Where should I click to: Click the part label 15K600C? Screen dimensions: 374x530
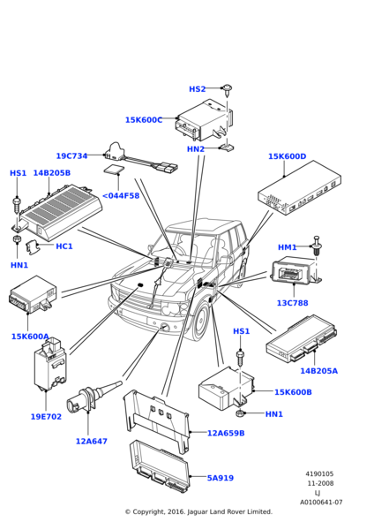click(144, 120)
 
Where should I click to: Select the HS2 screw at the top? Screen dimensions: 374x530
click(228, 89)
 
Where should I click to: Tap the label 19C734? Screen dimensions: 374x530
click(71, 155)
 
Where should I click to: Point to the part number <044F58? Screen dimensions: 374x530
click(121, 196)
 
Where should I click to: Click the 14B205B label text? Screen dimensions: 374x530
click(52, 173)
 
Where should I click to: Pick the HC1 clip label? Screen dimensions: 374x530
click(64, 246)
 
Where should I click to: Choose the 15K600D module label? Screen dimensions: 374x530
click(287, 156)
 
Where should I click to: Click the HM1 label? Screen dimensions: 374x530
click(287, 247)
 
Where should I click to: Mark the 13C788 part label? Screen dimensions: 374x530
click(292, 303)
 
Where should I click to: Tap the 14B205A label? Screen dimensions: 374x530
click(318, 371)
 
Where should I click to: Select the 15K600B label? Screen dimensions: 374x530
click(293, 392)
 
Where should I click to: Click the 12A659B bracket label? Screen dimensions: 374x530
click(226, 433)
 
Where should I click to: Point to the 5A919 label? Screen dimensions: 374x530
click(221, 478)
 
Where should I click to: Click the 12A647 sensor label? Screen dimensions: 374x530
click(91, 441)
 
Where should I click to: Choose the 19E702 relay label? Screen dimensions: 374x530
click(46, 416)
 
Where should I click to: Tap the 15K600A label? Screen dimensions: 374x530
click(30, 337)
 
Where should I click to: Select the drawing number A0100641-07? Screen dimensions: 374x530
click(321, 503)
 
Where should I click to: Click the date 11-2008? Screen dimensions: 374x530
click(320, 483)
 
